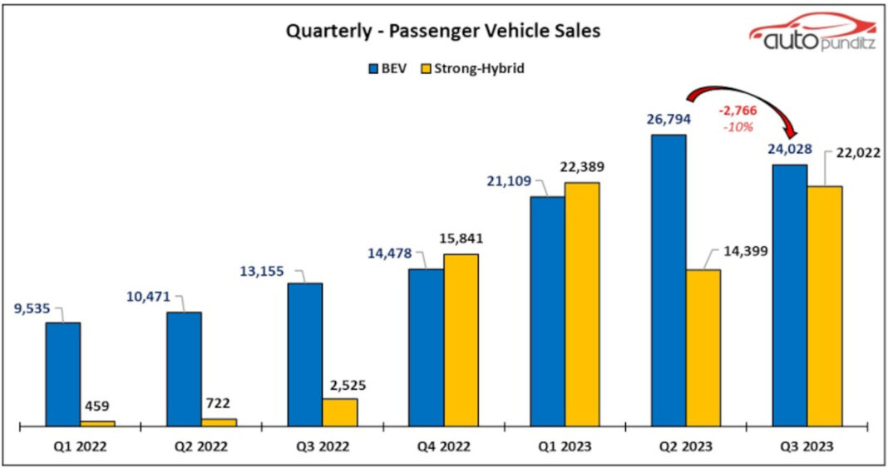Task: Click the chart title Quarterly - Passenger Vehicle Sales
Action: (443, 32)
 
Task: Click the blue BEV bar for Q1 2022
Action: (63, 374)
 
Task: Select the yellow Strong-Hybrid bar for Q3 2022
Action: (340, 412)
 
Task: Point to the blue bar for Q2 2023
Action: (668, 280)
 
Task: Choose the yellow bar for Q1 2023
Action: (582, 304)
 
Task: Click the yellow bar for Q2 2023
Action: (703, 347)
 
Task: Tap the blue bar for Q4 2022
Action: (427, 347)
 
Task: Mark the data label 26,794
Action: (668, 119)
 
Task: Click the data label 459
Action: (98, 406)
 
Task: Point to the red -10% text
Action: (738, 127)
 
